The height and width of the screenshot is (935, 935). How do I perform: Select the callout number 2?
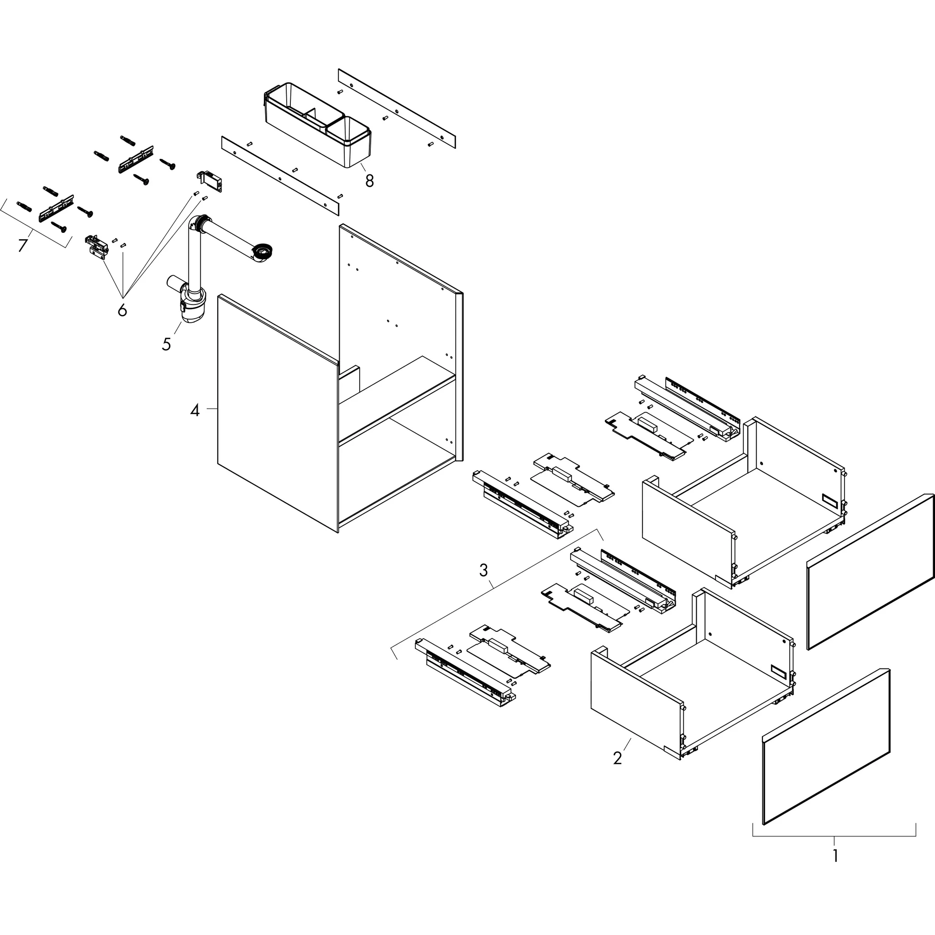tap(617, 758)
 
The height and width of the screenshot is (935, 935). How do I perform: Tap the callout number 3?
tap(483, 570)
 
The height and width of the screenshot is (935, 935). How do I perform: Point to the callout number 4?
tap(194, 411)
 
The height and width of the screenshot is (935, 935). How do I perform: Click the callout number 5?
tap(167, 344)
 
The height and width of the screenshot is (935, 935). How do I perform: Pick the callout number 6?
tap(122, 309)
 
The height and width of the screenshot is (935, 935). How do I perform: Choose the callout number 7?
tap(22, 245)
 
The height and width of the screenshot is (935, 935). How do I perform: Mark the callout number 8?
tap(369, 181)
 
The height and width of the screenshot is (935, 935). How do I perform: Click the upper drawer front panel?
tap(870, 571)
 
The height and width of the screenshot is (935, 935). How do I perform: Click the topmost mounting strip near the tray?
tap(396, 108)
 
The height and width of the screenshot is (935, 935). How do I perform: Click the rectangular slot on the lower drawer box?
tap(779, 671)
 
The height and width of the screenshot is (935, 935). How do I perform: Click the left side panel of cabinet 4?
tap(277, 414)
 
